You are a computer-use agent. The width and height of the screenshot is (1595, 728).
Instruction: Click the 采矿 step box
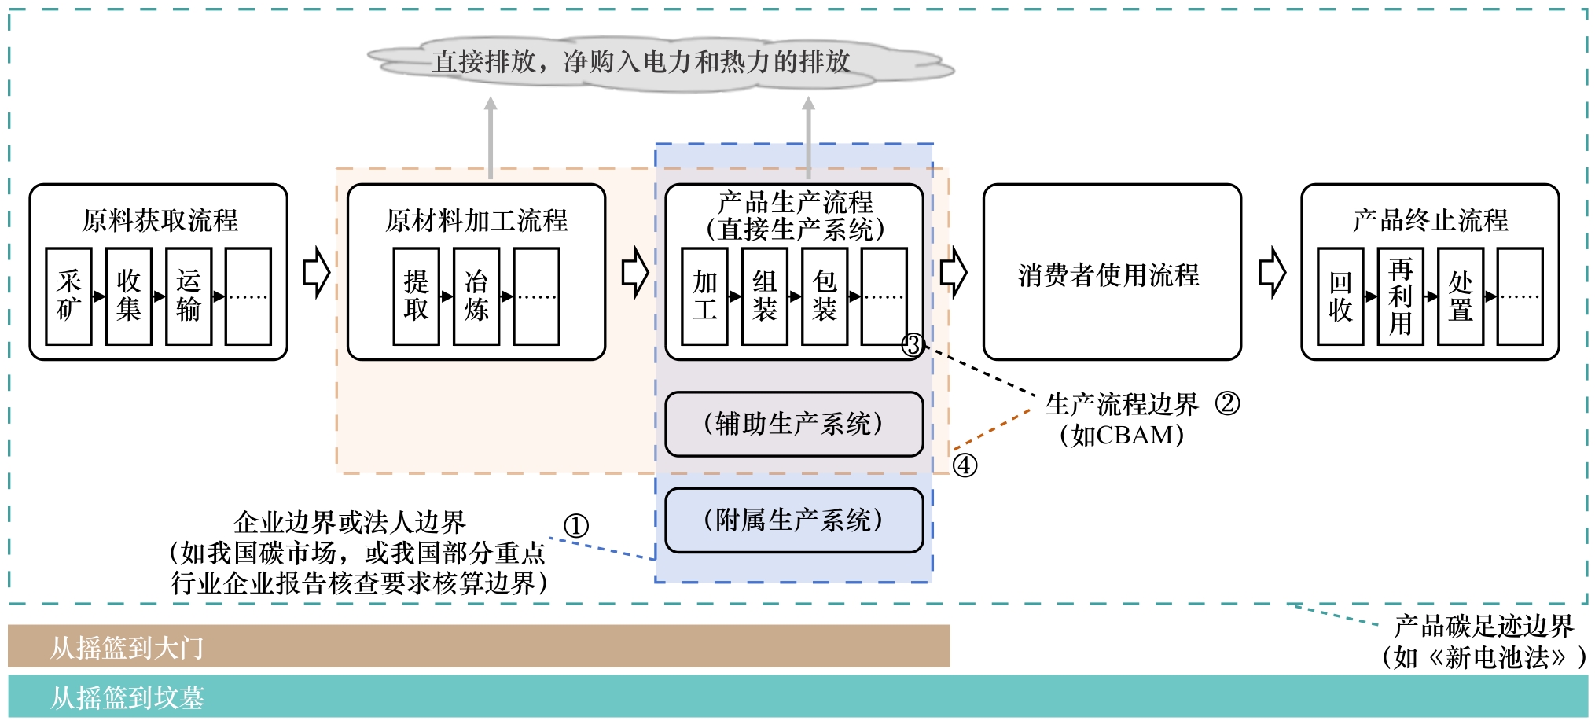[69, 296]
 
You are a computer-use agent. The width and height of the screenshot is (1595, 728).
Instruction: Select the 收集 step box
[129, 296]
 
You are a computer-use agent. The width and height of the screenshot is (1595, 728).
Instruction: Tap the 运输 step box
[189, 296]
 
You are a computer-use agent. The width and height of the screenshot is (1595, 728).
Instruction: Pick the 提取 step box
[417, 296]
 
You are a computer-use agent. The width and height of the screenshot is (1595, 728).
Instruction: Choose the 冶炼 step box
[476, 296]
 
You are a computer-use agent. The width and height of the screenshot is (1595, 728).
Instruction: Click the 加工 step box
[705, 296]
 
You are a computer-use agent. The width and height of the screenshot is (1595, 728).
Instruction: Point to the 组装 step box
[765, 296]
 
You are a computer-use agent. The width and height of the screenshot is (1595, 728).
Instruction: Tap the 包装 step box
[825, 296]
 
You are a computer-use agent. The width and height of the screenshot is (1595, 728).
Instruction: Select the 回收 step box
[1340, 296]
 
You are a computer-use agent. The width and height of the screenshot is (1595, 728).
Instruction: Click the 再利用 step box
[1401, 296]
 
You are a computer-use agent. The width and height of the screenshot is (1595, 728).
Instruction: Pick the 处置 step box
[1461, 296]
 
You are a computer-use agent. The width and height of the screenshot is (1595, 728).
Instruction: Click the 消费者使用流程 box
[1112, 273]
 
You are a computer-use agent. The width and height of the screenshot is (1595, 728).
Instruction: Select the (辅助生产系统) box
[794, 425]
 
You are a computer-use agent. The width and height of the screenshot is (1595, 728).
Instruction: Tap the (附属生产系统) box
[794, 520]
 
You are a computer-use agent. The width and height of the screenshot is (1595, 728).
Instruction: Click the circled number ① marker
[576, 525]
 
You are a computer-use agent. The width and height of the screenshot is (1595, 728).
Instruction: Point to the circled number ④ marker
[965, 465]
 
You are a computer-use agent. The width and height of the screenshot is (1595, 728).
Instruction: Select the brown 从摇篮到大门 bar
[478, 646]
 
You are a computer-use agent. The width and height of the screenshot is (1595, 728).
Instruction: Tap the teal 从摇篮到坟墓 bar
[797, 696]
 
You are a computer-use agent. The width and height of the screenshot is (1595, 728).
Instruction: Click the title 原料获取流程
[160, 220]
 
